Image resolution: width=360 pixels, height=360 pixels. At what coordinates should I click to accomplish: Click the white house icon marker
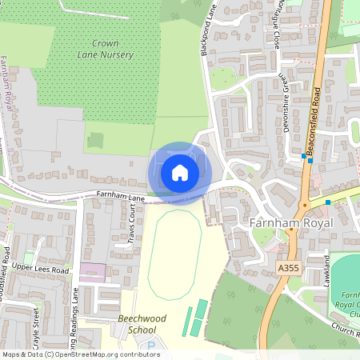pos(179,172)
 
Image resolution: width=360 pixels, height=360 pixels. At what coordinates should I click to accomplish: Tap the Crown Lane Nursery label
pos(111,49)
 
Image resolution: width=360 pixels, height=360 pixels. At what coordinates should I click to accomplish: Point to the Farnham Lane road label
pos(120,195)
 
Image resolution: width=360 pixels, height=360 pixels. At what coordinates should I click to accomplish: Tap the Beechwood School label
pos(142,324)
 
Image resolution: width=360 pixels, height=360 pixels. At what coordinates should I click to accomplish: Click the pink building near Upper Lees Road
pos(92,270)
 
